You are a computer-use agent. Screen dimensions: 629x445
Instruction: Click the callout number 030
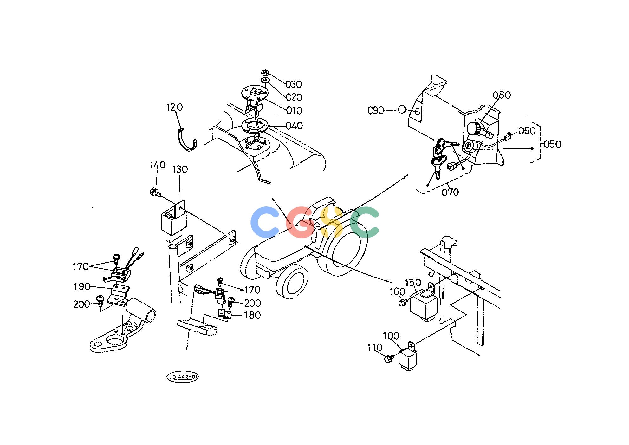294,84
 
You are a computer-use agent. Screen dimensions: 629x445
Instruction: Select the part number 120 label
175,108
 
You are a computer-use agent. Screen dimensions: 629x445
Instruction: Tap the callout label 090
376,111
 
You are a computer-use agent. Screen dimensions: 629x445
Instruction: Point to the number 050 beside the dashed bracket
553,144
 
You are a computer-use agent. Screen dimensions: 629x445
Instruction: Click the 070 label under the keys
450,192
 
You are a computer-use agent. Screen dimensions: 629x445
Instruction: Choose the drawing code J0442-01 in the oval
183,377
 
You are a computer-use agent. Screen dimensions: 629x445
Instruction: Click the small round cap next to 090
402,110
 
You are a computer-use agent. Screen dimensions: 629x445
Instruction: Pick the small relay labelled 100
408,357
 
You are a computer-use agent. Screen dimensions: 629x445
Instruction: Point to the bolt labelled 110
388,359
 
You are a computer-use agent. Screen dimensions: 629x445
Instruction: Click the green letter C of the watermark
365,222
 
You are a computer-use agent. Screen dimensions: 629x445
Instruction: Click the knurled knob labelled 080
475,128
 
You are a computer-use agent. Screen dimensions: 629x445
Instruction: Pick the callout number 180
252,316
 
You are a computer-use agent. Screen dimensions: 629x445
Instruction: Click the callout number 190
82,287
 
